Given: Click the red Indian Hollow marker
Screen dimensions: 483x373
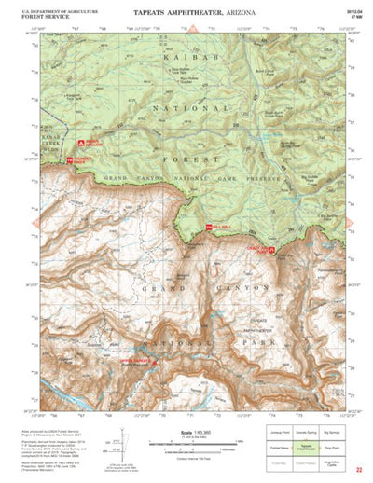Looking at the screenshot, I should pos(86,144).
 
